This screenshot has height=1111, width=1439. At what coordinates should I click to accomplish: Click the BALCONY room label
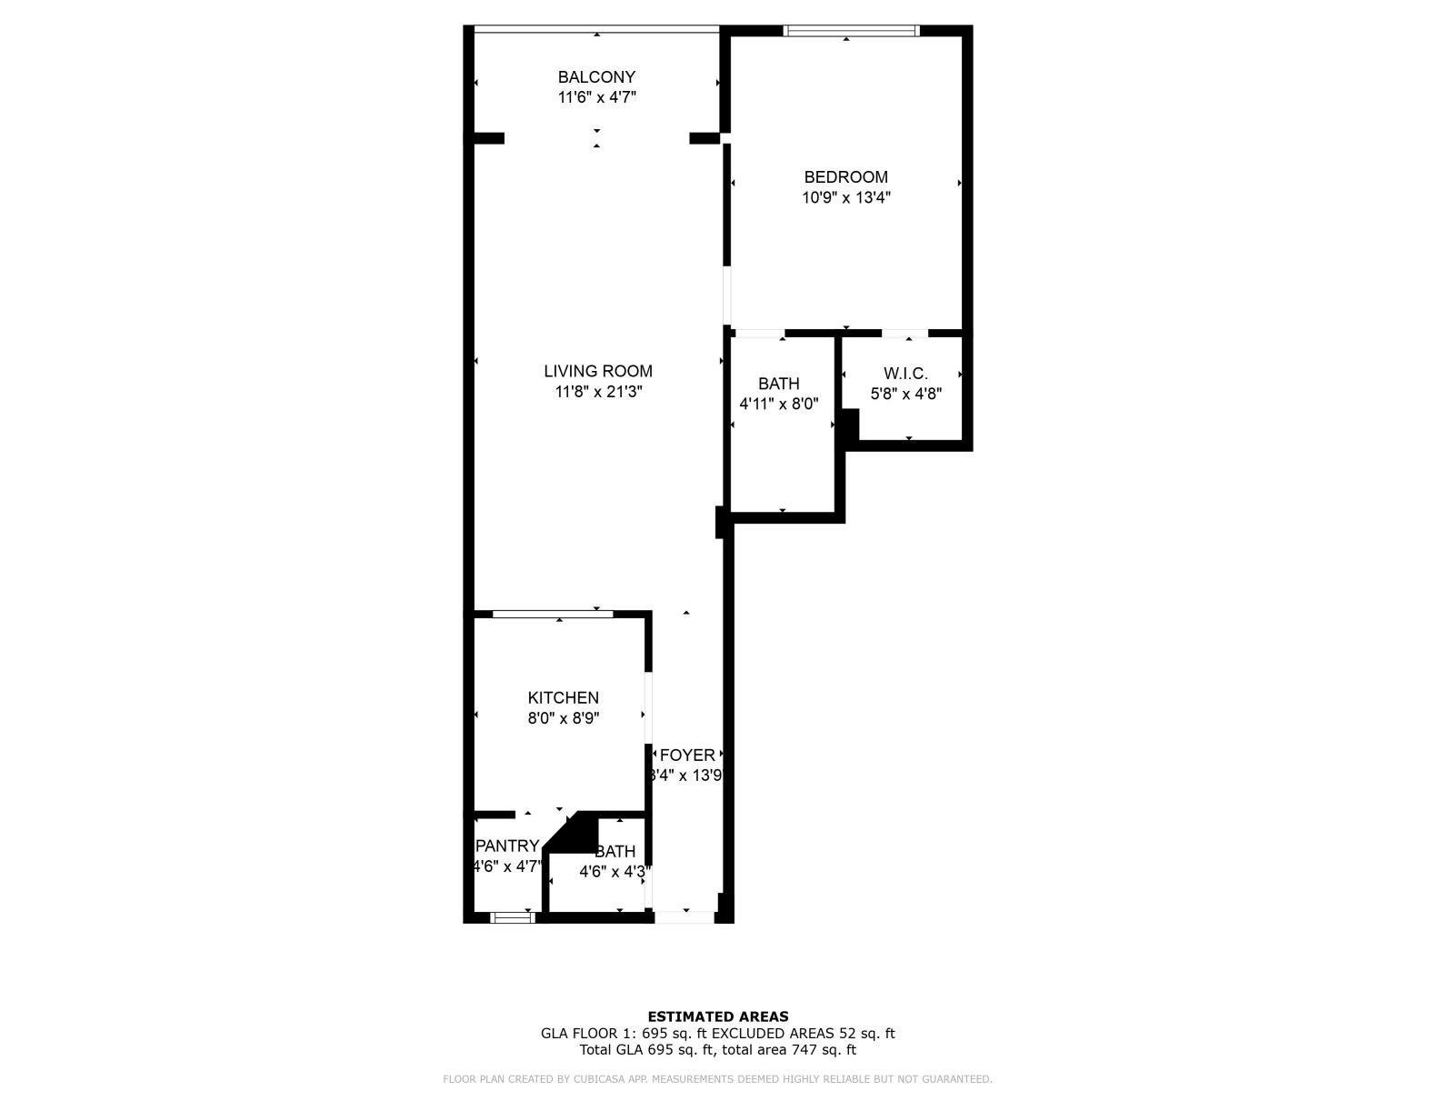[x=596, y=77]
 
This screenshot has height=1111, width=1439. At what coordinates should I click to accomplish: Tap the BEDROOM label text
[x=845, y=177]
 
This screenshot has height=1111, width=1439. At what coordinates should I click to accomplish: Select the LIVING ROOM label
[x=598, y=371]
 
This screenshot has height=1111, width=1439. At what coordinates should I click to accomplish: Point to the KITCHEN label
[x=563, y=697]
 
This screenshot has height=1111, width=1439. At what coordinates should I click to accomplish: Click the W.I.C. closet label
[x=905, y=374]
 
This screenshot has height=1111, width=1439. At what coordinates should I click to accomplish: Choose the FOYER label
[x=687, y=756]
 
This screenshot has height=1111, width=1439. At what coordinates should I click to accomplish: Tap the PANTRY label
[x=507, y=846]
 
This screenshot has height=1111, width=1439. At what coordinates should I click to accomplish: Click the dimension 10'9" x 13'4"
[x=845, y=197]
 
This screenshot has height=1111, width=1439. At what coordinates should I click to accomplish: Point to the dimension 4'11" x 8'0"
[x=779, y=404]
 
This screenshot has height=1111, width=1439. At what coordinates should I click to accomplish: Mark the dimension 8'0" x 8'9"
[x=563, y=718]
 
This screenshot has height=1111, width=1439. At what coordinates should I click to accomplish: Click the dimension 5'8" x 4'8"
[x=905, y=394]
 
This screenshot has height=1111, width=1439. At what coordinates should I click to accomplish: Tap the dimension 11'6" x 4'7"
[x=596, y=97]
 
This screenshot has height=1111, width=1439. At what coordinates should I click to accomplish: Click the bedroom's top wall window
[x=852, y=31]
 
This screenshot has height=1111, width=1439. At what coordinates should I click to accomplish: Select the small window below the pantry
[x=513, y=917]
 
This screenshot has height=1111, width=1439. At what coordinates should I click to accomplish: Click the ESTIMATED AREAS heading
[x=717, y=1016]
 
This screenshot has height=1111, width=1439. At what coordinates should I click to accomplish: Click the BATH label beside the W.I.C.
[x=779, y=384]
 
